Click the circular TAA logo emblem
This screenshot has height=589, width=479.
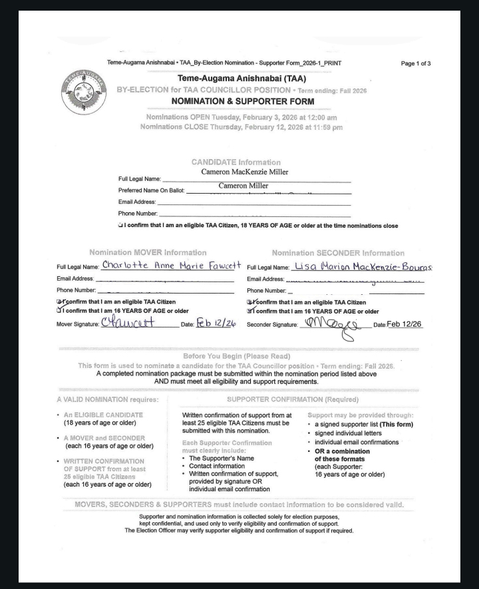(x=83, y=92)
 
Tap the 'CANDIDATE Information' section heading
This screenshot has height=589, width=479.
(x=236, y=162)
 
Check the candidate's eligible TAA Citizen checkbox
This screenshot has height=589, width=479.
(x=118, y=226)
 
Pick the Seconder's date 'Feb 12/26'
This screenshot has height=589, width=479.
(x=404, y=324)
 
